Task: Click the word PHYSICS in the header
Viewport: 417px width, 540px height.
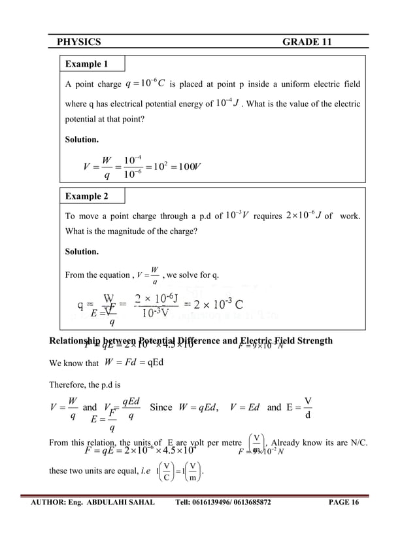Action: coord(79,42)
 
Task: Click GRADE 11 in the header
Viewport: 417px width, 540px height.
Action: coord(307,42)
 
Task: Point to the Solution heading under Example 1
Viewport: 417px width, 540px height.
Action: coord(82,140)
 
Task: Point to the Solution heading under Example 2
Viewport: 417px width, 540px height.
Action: coord(82,252)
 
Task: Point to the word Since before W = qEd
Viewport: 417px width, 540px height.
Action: coord(161,407)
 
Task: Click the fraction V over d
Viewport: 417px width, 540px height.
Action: coord(308,408)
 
